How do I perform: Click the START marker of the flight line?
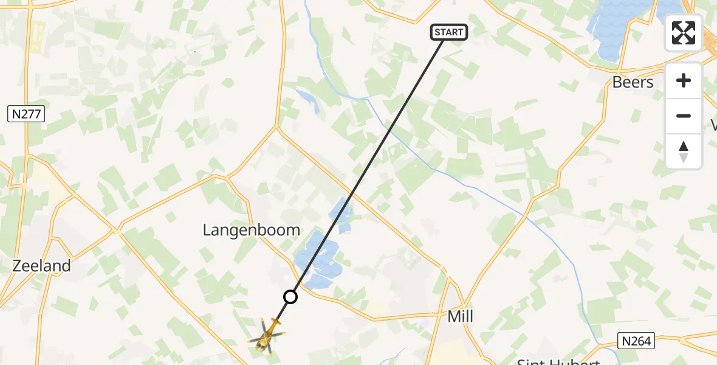(x=449, y=32)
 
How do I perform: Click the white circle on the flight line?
(x=290, y=297)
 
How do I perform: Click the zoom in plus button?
(x=684, y=80)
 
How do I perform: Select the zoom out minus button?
(x=684, y=116)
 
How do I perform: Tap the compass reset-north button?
(x=684, y=151)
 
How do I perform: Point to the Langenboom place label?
(x=251, y=230)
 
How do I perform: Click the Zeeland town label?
(x=42, y=266)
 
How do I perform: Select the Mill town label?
(x=460, y=316)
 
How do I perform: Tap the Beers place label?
(x=633, y=82)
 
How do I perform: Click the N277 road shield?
(x=26, y=114)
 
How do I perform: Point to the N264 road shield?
(x=636, y=341)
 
